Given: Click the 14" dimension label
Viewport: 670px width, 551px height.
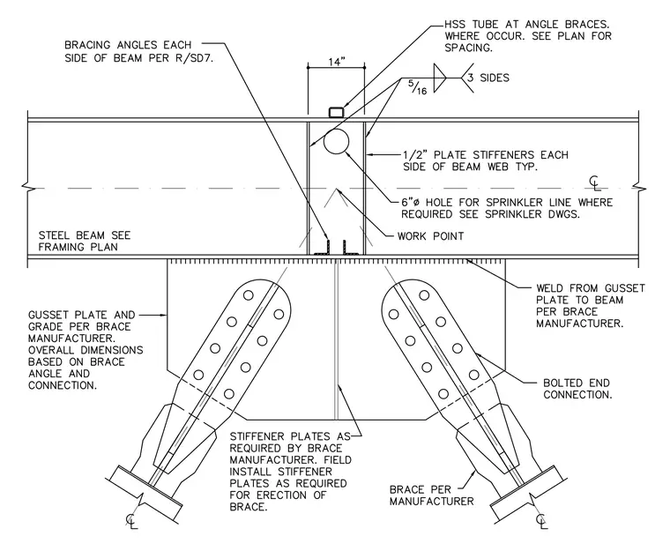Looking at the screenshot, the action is pos(337,62).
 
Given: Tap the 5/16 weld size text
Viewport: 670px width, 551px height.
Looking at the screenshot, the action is pos(418,87).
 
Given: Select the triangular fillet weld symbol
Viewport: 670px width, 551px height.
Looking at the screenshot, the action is pos(440,78).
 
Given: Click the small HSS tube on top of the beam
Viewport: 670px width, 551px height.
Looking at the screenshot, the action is pos(336,113).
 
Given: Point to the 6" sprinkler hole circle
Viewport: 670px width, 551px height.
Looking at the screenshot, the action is pos(336,141).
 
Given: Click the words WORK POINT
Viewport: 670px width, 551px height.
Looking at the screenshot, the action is pos(431,236).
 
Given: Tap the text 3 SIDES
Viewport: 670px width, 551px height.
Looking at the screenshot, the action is pos(488,78).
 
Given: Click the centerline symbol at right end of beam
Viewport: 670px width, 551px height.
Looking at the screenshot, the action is pos(595,183).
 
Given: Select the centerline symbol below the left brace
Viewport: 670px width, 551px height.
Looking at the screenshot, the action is pos(131,521).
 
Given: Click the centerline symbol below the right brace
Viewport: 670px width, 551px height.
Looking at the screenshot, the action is pos(542,521).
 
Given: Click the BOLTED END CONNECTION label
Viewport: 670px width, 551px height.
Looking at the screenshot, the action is pos(577,389).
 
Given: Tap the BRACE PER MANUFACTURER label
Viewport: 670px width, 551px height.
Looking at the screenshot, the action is pos(432,495).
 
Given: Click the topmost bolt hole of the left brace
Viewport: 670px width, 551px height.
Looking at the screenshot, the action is pos(249,295).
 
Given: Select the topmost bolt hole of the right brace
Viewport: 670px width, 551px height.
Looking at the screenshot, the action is pos(424,295).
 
